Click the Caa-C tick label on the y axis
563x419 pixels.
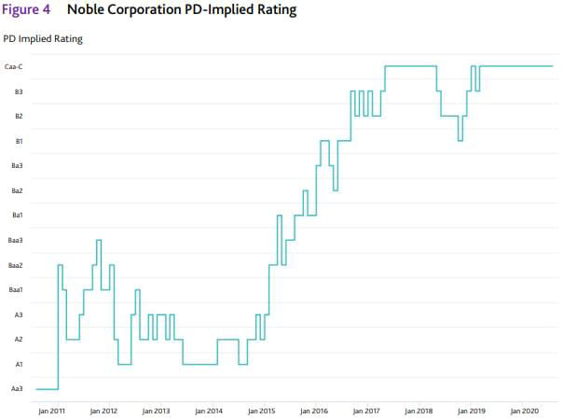click(13, 66)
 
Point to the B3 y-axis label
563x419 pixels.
click(18, 91)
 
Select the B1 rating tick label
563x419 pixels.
click(18, 141)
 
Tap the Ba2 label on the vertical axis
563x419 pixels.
click(17, 190)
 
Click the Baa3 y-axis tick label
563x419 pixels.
click(15, 240)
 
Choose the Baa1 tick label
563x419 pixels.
click(15, 289)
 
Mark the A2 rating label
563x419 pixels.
click(18, 339)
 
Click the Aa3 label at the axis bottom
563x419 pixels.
click(17, 388)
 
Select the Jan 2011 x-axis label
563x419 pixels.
click(51, 410)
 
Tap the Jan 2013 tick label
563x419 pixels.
click(156, 410)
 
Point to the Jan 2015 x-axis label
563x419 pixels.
click(261, 410)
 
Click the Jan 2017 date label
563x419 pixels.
click(366, 410)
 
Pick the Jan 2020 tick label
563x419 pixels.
click(524, 410)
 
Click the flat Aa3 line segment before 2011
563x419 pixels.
click(47, 388)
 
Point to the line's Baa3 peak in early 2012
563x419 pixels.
click(99, 240)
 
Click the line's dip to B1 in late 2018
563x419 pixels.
click(460, 141)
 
